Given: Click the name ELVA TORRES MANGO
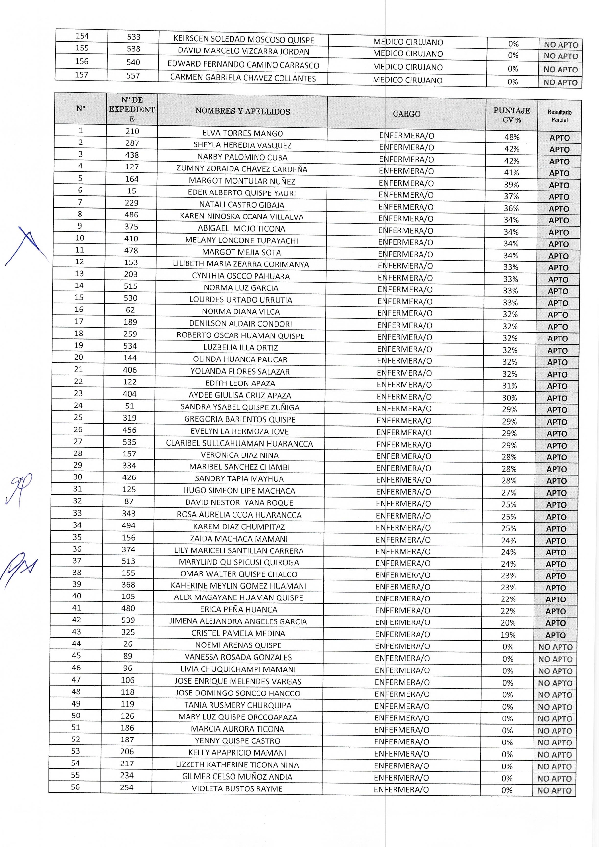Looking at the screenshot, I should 242,133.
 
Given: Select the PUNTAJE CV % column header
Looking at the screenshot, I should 512,115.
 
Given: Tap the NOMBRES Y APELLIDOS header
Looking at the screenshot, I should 242,112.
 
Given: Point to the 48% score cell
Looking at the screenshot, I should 512,137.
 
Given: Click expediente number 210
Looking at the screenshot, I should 132,131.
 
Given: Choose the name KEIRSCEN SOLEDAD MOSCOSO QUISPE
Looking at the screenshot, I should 244,40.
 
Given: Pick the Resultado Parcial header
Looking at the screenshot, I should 560,116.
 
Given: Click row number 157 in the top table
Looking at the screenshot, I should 81,75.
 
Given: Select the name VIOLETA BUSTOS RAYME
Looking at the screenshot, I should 237,788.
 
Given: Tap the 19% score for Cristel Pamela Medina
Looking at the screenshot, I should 508,635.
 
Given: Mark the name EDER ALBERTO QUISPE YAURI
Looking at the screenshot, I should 242,193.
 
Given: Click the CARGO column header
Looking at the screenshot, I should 406,114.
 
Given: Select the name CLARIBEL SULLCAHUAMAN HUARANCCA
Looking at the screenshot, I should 239,443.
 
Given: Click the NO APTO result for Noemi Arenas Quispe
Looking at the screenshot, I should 555,647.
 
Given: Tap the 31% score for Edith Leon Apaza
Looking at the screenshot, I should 510,386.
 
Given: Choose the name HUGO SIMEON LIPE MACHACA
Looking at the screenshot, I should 239,491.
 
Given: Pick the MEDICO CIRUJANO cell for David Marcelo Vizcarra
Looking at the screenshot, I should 408,54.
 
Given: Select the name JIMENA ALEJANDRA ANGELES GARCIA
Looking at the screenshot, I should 238,621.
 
